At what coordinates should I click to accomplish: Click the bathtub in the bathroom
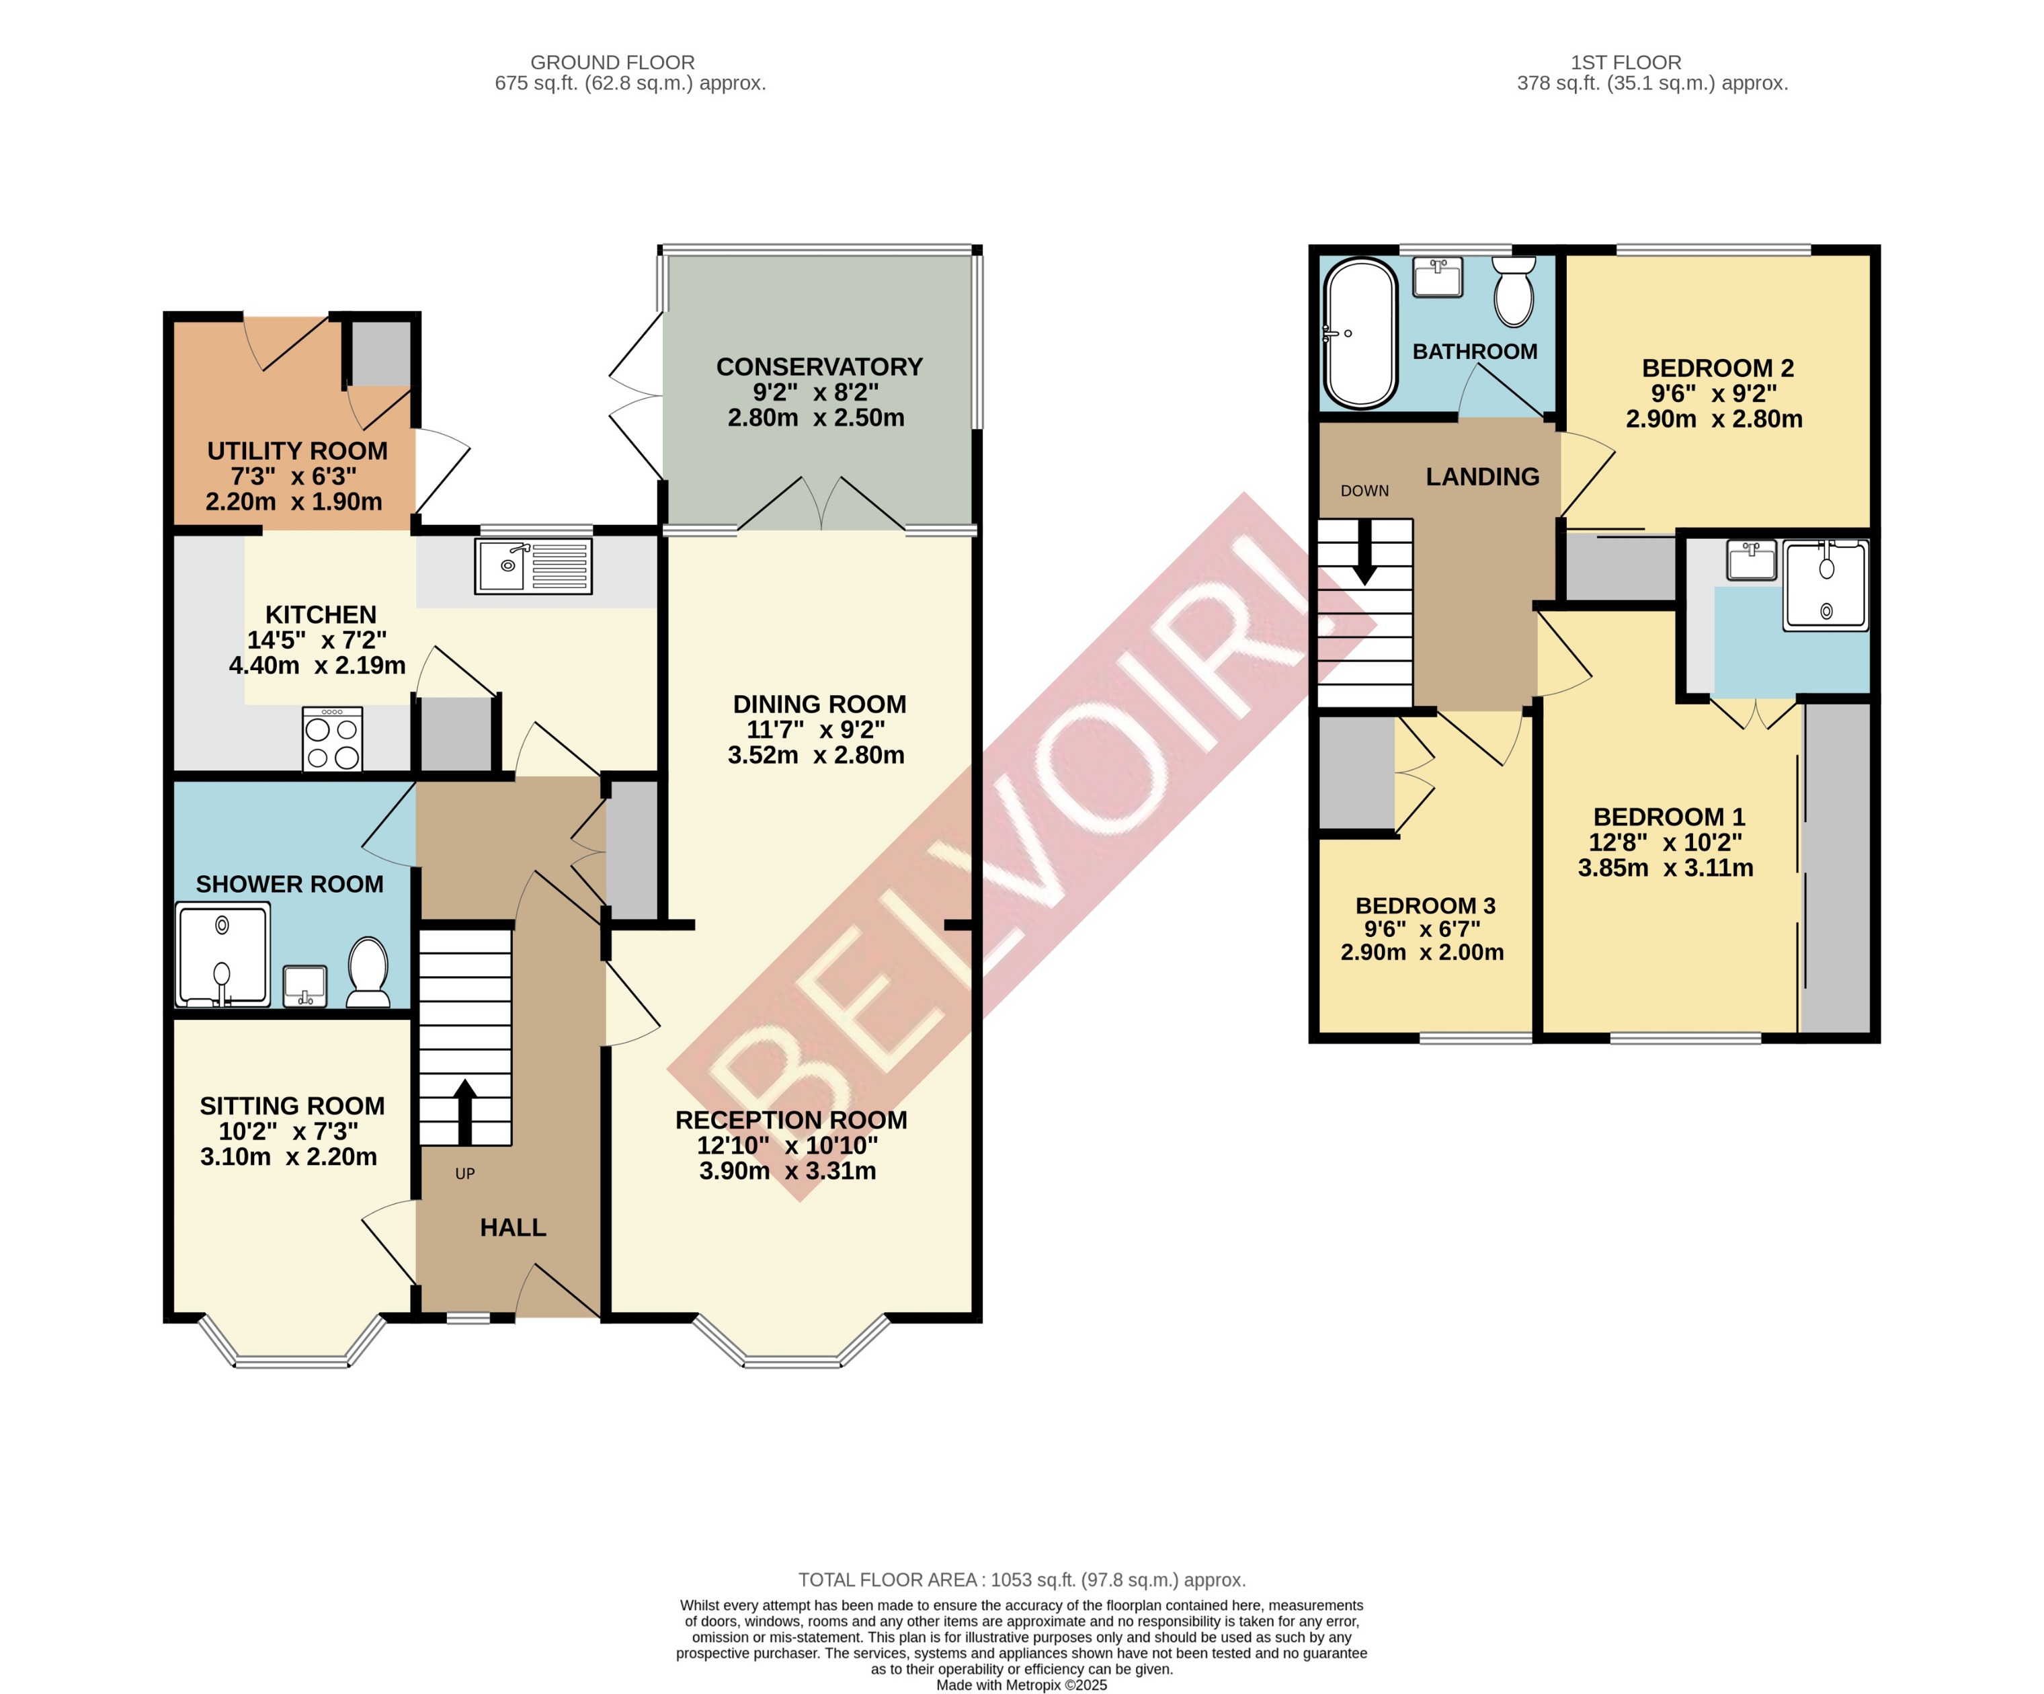[1360, 333]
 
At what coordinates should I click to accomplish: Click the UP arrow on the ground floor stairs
[465, 1110]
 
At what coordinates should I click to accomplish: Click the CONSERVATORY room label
[819, 367]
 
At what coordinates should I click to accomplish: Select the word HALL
[513, 1227]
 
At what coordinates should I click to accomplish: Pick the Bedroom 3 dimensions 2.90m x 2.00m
[1422, 952]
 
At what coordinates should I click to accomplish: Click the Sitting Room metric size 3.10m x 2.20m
[288, 1157]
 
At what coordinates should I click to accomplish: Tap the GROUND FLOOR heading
[612, 63]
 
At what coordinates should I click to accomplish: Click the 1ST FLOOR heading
[1625, 63]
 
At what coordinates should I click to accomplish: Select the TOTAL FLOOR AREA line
[1021, 1580]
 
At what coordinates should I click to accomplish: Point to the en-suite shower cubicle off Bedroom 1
[1825, 586]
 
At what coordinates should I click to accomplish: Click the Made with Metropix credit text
[1021, 1685]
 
